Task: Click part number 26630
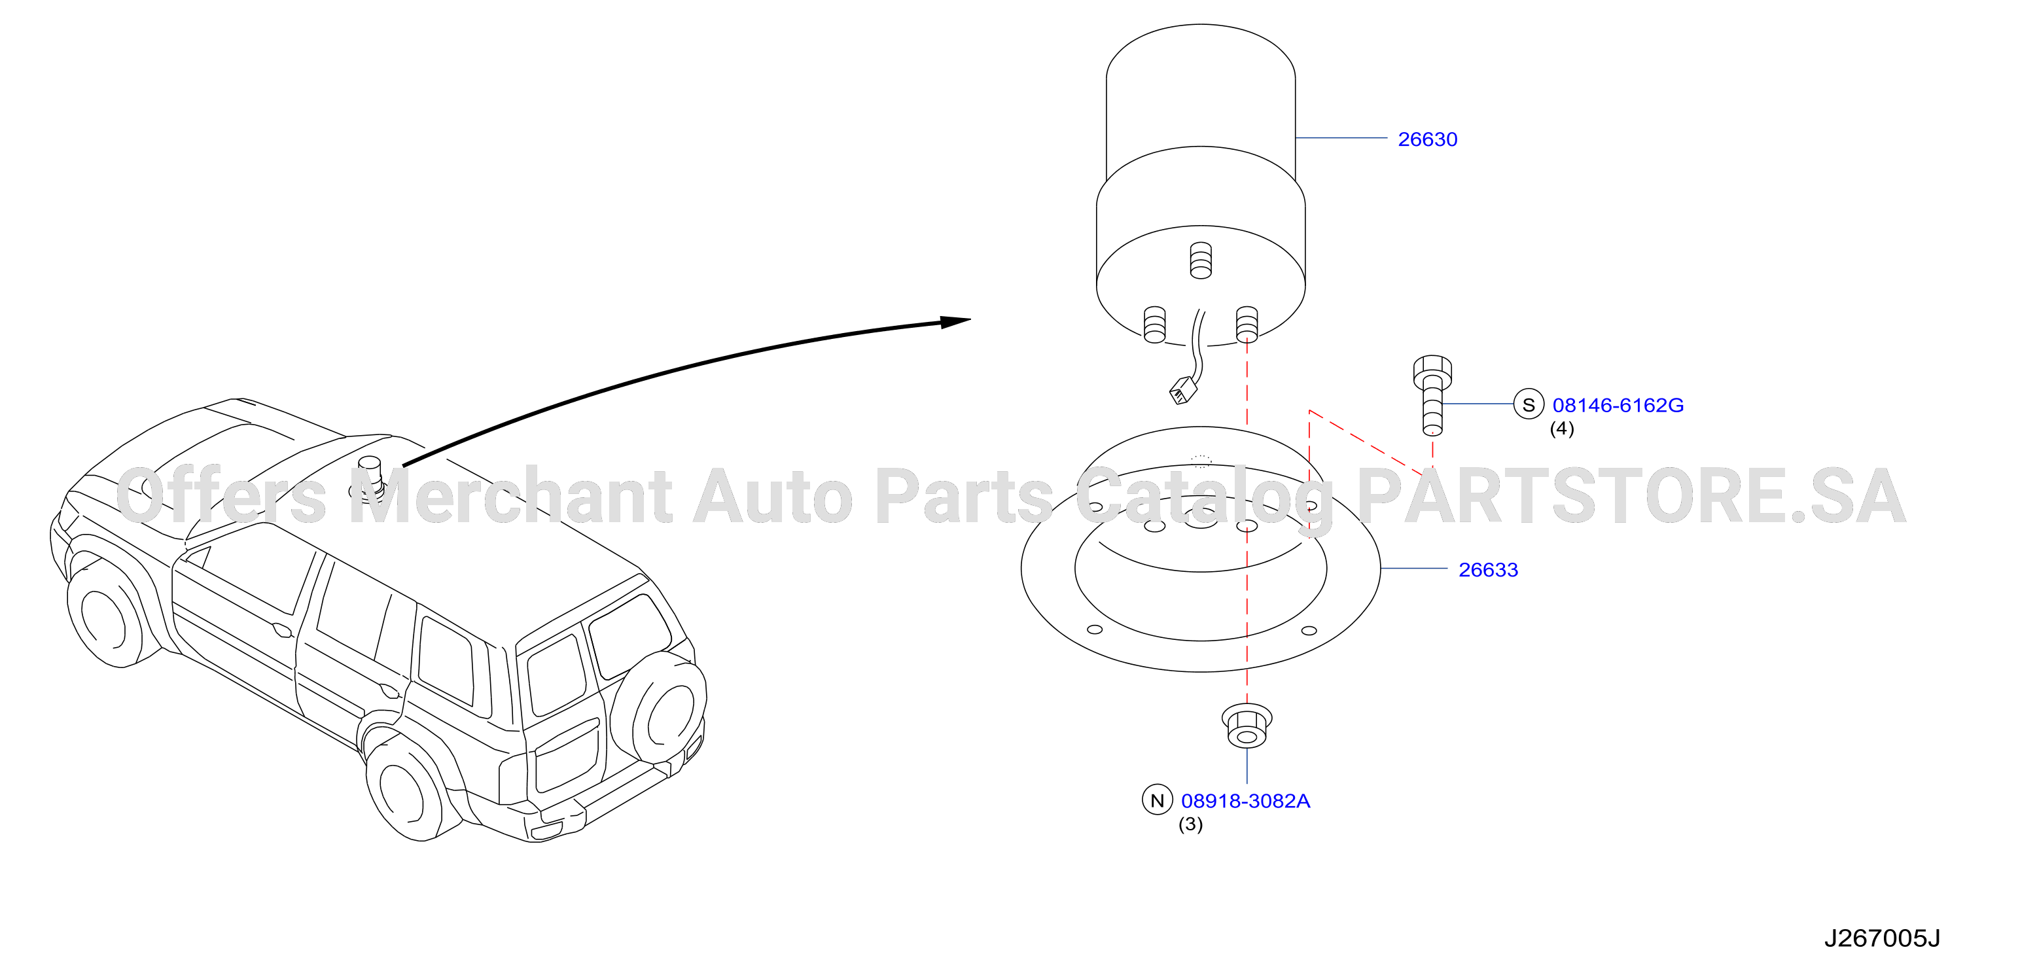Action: tap(1427, 139)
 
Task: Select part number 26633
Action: tap(1487, 570)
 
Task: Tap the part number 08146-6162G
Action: tap(1618, 406)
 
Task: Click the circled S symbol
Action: tap(1529, 405)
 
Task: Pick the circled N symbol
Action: tap(1157, 800)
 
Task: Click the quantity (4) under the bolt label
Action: tap(1562, 429)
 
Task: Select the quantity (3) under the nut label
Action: tap(1191, 824)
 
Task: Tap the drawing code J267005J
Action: tap(1882, 938)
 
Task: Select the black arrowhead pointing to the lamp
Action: tap(956, 321)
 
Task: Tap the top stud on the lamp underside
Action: tap(1200, 260)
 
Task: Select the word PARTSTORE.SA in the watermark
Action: tap(1631, 497)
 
